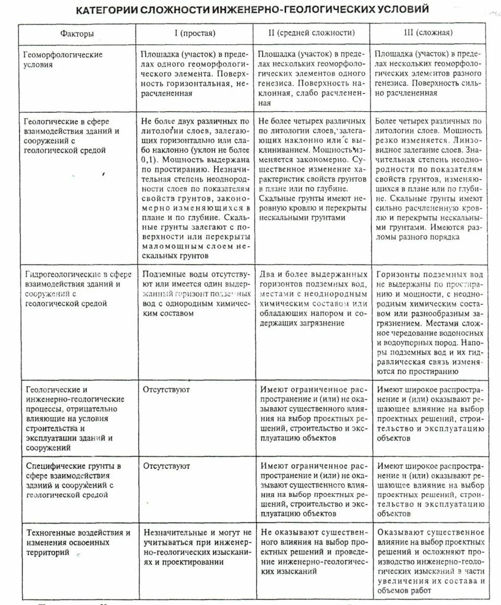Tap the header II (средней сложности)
[312, 33]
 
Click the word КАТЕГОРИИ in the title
[106, 10]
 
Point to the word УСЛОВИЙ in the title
[404, 10]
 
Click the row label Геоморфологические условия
[64, 60]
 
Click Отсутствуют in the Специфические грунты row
[166, 466]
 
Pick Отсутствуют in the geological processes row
[166, 389]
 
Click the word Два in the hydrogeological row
[268, 275]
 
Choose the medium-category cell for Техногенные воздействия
[312, 552]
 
